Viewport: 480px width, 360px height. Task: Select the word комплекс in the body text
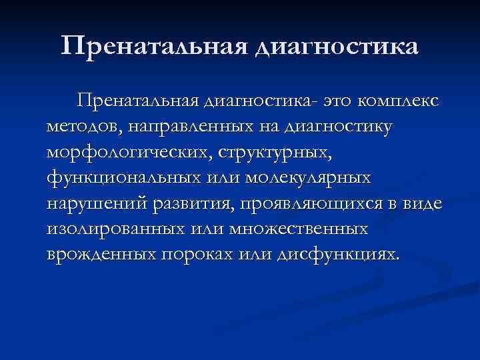(x=398, y=101)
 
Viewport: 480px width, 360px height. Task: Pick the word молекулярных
(x=308, y=178)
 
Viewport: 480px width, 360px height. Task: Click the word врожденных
(x=97, y=256)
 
